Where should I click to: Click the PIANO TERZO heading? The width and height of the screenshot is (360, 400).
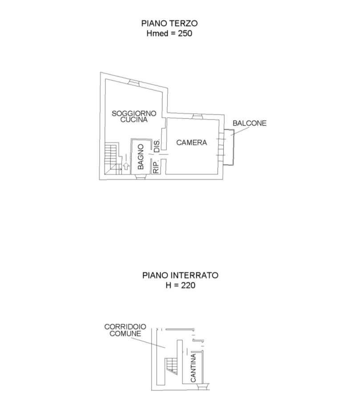170,23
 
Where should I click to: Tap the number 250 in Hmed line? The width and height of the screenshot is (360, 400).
185,33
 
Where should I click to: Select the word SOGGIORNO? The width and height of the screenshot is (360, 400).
134,113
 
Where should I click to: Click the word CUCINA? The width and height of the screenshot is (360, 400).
134,120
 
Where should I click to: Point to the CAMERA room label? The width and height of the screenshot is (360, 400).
192,142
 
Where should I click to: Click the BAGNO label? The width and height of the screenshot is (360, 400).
141,157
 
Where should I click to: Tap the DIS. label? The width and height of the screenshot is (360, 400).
157,146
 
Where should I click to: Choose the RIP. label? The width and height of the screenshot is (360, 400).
156,167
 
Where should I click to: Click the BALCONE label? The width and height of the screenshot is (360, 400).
249,123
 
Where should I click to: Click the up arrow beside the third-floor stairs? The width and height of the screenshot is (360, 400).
125,166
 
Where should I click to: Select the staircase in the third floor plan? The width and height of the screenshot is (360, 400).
113,159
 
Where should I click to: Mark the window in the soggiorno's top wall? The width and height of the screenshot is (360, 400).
133,82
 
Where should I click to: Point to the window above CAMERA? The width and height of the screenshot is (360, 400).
197,116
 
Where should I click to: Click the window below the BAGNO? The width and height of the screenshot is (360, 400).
141,176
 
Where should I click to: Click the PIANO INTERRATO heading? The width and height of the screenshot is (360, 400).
180,275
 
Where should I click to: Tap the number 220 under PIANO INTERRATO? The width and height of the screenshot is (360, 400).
188,285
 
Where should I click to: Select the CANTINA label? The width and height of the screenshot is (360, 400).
194,368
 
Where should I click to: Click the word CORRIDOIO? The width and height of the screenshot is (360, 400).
125,327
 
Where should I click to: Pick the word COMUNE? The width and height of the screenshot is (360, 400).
125,333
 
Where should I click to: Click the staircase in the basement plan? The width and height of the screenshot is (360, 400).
171,366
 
